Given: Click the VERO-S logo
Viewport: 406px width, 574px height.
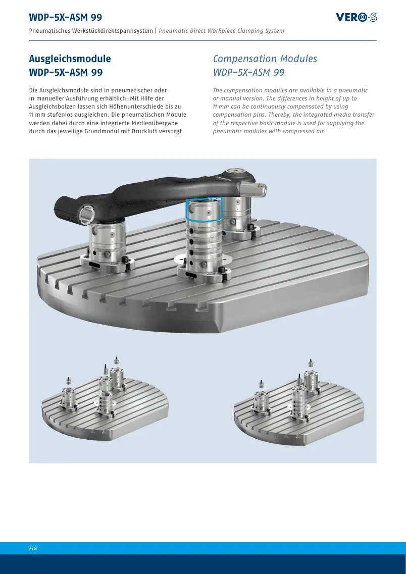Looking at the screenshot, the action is (356, 17).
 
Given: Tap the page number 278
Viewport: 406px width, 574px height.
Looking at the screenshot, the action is (33, 548).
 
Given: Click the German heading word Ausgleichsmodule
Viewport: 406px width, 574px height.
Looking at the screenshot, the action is (70, 59).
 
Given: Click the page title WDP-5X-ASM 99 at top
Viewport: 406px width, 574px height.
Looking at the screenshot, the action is (66, 17).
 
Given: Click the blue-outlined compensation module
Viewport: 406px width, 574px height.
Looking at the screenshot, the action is (204, 210).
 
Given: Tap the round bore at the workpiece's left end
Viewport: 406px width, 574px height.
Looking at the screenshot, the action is (88, 214).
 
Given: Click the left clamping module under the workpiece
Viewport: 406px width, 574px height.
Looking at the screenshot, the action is (107, 243).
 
